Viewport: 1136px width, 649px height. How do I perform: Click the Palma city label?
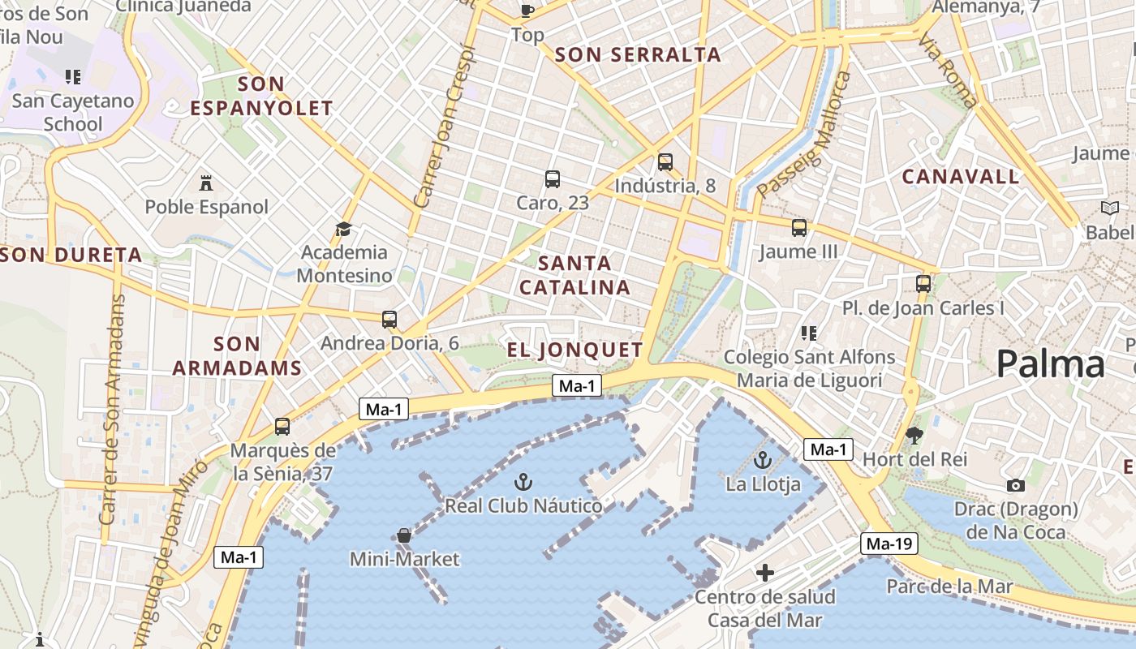pos(1050,363)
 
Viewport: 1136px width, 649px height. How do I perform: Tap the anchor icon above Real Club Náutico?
pos(523,481)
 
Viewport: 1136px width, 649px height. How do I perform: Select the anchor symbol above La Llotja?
pos(762,461)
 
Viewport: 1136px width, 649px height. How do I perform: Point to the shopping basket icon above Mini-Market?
pos(403,535)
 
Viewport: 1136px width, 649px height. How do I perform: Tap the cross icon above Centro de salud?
pos(764,573)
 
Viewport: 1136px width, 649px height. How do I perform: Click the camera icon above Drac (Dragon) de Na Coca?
pos(1015,485)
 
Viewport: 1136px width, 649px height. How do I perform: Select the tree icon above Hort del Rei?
pos(914,436)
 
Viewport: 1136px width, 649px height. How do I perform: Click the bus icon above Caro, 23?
pos(553,178)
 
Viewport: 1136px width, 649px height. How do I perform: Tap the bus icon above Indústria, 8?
pos(665,161)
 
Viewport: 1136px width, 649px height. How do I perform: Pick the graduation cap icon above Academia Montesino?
pos(343,229)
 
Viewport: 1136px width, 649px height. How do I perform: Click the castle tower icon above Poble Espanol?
pos(205,183)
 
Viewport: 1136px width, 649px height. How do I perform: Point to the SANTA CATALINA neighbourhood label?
pos(574,275)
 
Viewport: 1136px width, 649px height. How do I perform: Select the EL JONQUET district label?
pos(574,350)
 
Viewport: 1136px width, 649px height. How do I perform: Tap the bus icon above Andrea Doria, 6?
pos(389,320)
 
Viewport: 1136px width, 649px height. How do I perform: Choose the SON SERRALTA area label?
pos(638,55)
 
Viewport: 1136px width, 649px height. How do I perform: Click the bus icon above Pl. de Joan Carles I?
pos(923,284)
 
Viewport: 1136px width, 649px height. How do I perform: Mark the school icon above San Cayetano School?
pos(73,77)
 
